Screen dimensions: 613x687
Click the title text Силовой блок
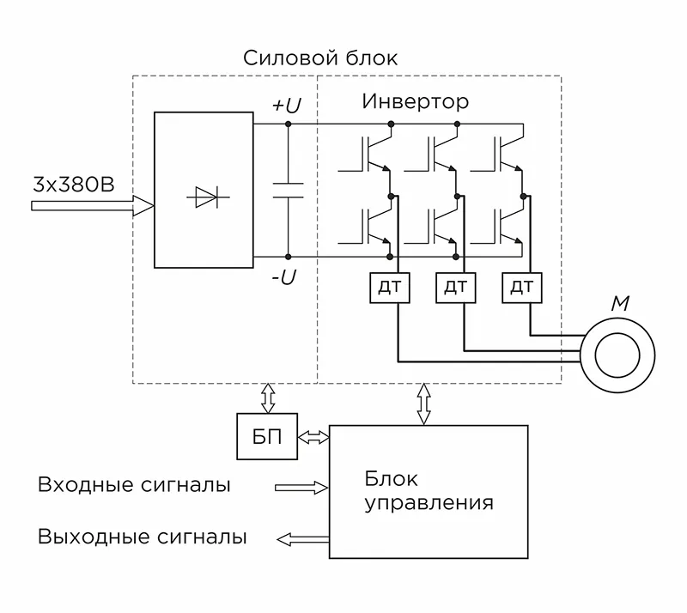(x=320, y=58)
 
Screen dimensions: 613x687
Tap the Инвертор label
(x=415, y=102)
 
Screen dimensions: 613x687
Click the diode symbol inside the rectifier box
(x=204, y=197)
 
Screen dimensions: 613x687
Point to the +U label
(x=286, y=106)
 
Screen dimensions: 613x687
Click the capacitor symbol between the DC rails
(x=288, y=191)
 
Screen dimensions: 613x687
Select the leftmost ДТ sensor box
(x=391, y=287)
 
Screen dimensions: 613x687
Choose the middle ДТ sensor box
(x=457, y=287)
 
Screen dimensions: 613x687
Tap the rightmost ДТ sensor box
(x=522, y=287)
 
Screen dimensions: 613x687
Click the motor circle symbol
(x=617, y=353)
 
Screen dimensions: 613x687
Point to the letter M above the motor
(x=618, y=302)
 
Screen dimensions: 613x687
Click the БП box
(x=266, y=435)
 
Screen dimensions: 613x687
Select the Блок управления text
(x=429, y=490)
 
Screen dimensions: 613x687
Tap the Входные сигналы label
(x=134, y=485)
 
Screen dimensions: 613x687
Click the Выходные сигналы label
(x=143, y=538)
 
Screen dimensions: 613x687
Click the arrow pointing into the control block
(x=301, y=488)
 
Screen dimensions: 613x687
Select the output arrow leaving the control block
(x=302, y=539)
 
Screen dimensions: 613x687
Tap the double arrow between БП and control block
(x=313, y=437)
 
